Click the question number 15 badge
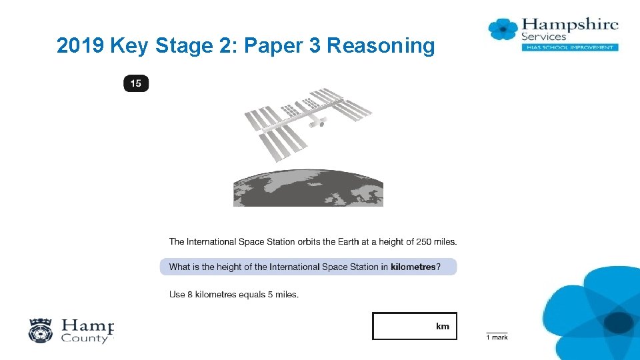tap(136, 83)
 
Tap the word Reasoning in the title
tap(381, 46)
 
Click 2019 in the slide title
tap(80, 45)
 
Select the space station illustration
tap(308, 124)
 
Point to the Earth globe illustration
tap(308, 188)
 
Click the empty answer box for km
tap(414, 326)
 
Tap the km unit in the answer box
tap(443, 326)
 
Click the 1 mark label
tap(497, 337)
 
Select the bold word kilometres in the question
tap(413, 267)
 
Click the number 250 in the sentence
tap(424, 241)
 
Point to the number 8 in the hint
tap(190, 294)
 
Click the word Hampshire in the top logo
tap(570, 25)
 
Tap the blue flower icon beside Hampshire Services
tap(503, 29)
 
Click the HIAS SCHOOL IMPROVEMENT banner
tap(570, 47)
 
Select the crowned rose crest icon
tap(41, 331)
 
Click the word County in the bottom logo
tap(85, 339)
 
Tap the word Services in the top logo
tap(544, 37)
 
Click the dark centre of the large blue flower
tap(619, 323)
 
